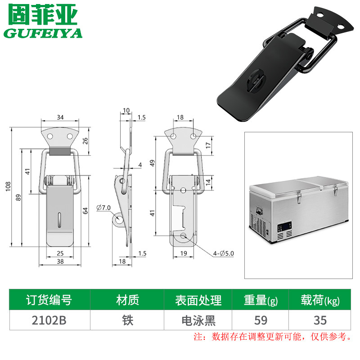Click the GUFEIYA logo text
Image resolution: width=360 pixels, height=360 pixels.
43,33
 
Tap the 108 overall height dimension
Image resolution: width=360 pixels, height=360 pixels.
8,186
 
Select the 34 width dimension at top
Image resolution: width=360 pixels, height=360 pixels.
60,117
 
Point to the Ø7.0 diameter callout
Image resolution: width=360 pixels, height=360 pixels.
103,207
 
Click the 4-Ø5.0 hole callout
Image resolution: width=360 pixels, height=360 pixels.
223,253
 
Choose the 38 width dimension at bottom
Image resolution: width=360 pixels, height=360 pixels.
60,261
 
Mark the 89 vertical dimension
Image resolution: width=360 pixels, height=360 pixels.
18,198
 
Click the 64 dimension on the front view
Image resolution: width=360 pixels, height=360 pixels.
85,211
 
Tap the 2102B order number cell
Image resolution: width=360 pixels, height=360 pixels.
49,320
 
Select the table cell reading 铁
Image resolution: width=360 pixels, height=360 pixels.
127,320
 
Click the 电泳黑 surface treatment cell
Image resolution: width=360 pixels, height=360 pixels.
198,320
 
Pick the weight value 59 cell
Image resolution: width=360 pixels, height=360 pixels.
261,320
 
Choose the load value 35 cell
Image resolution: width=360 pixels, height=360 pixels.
320,320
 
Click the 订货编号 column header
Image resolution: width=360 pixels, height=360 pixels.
49,300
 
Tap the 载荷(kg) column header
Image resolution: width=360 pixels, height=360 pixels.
320,300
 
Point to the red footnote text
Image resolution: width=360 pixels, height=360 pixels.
272,337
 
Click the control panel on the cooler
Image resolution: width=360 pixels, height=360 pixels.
284,227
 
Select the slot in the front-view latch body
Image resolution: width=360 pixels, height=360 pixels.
59,220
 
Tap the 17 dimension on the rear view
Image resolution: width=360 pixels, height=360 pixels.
208,145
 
